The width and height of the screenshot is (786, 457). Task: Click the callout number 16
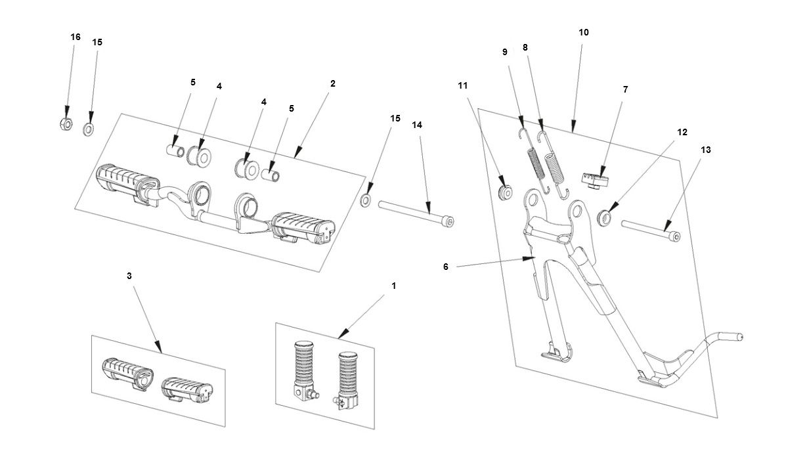point(76,37)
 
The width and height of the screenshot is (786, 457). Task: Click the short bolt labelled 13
point(650,230)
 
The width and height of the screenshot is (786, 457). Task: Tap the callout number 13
point(705,150)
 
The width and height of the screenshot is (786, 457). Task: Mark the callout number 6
point(445,267)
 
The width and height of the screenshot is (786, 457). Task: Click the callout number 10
point(584,32)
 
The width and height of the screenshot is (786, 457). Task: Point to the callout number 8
point(525,47)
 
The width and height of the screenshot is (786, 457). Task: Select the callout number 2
point(333,83)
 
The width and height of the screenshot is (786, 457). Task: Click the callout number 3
point(129,276)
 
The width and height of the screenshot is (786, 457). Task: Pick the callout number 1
point(393,286)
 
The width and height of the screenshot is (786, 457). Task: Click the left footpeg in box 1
point(303,370)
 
